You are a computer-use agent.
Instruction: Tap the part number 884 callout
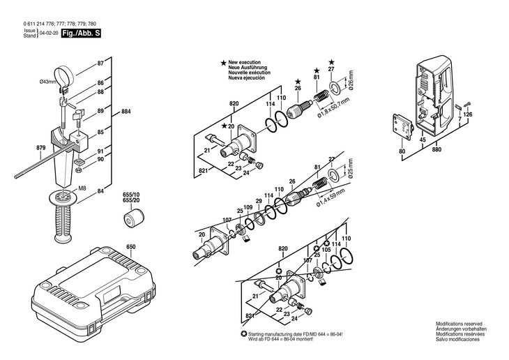(126, 112)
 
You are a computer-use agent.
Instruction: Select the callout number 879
(21, 149)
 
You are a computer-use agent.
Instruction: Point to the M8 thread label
(82, 188)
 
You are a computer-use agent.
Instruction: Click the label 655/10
(131, 195)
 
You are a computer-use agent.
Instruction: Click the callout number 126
(467, 114)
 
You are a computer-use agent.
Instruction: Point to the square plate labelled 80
(402, 127)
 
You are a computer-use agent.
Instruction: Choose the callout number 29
(258, 202)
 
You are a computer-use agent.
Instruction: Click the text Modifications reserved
(459, 324)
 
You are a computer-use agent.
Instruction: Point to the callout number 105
(325, 249)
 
